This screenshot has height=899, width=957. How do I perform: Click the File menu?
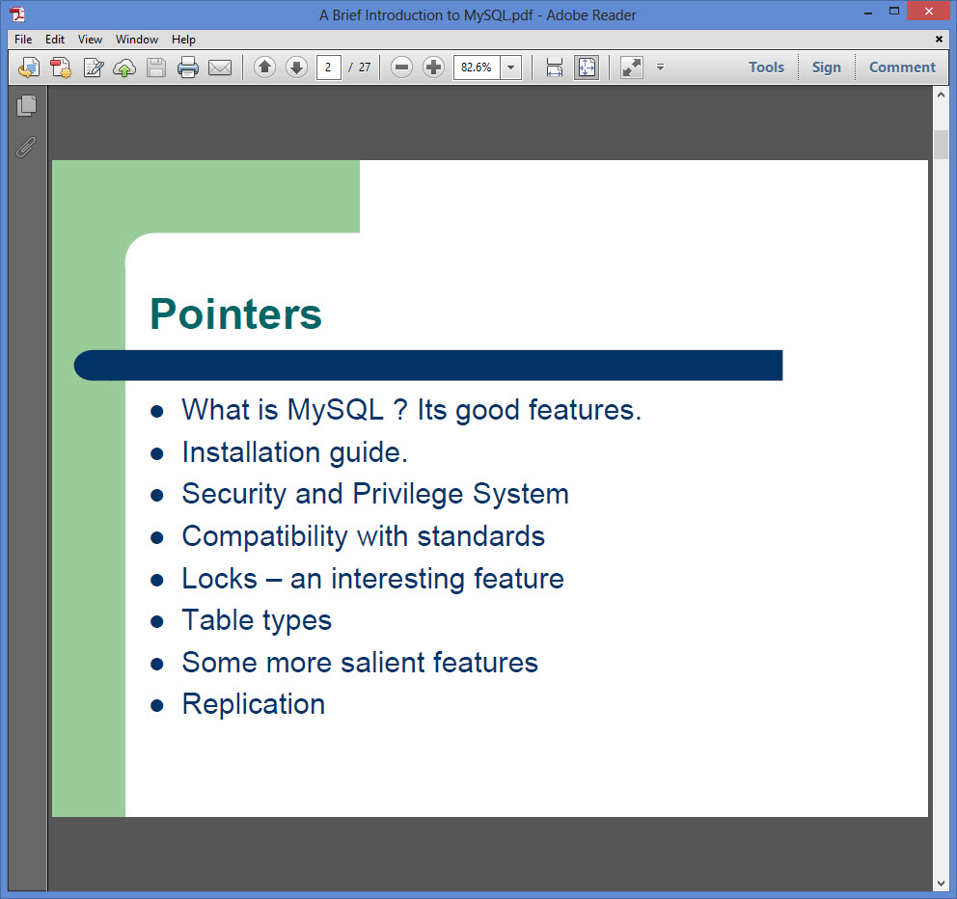tap(23, 40)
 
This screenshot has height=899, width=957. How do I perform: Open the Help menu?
tap(183, 40)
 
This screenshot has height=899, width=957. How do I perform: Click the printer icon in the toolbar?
tap(188, 68)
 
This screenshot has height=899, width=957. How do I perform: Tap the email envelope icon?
tap(220, 68)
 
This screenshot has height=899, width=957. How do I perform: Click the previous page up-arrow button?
tap(265, 68)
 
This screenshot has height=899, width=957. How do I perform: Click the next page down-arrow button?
tap(296, 68)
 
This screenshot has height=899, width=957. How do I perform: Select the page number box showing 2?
tap(328, 68)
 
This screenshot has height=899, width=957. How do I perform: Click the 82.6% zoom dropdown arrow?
tap(511, 68)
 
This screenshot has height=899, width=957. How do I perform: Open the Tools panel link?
tap(766, 68)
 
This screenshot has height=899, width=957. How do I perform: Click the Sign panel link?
tap(827, 68)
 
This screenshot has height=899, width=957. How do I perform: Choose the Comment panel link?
tap(902, 68)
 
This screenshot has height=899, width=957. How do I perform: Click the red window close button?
tap(928, 11)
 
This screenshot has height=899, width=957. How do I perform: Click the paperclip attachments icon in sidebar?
tap(26, 147)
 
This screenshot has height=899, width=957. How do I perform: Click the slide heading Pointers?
tap(235, 313)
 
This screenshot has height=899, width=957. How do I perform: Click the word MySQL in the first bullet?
tap(335, 411)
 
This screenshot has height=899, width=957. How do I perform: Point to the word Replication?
tap(254, 705)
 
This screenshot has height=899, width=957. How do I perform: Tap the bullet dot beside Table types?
tap(157, 622)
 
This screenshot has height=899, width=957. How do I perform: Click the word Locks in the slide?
tap(220, 579)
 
